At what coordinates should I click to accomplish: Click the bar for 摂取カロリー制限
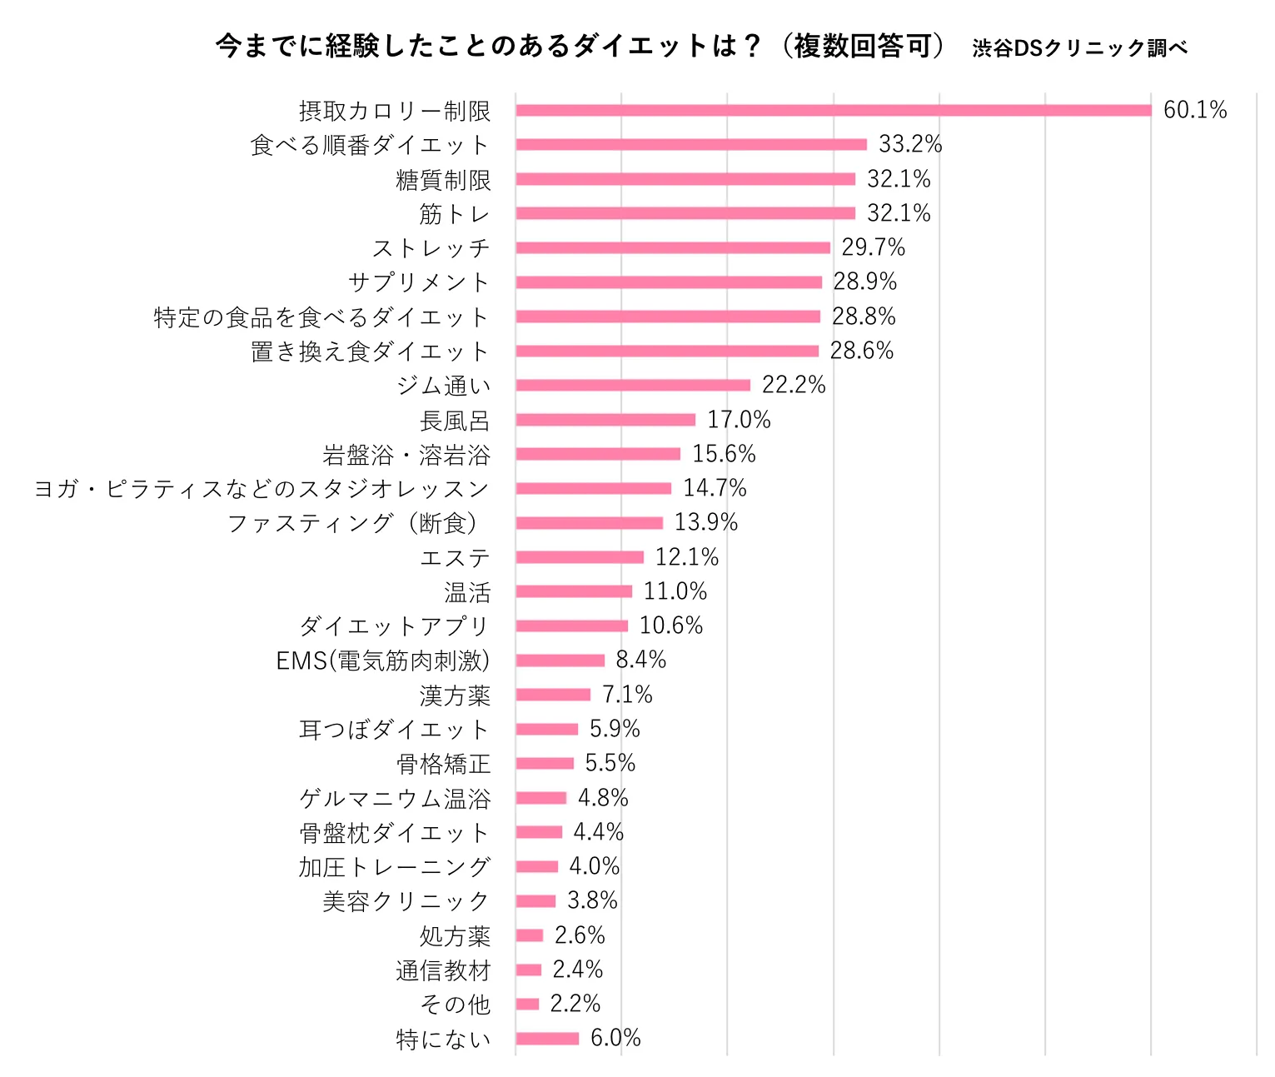833,110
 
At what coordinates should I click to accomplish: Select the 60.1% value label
1195,110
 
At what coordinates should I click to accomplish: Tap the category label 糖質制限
443,180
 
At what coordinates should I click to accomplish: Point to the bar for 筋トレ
685,213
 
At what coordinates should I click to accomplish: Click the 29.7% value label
873,247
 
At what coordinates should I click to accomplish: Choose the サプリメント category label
418,282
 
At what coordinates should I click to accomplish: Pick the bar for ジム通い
633,385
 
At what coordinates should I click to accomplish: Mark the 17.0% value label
739,420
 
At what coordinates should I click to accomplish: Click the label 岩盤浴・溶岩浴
406,455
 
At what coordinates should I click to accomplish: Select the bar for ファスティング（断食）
589,523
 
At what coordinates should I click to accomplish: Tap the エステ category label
455,558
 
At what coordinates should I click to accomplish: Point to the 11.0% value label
675,591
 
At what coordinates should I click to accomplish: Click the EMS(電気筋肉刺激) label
383,661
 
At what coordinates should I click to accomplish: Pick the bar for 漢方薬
553,695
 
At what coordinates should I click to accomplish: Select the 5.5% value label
610,763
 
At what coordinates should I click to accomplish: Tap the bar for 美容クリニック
535,901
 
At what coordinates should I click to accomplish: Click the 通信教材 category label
443,970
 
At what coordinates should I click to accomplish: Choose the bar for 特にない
547,1038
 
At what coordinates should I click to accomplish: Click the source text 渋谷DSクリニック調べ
1079,48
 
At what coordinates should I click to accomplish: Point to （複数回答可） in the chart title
863,46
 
